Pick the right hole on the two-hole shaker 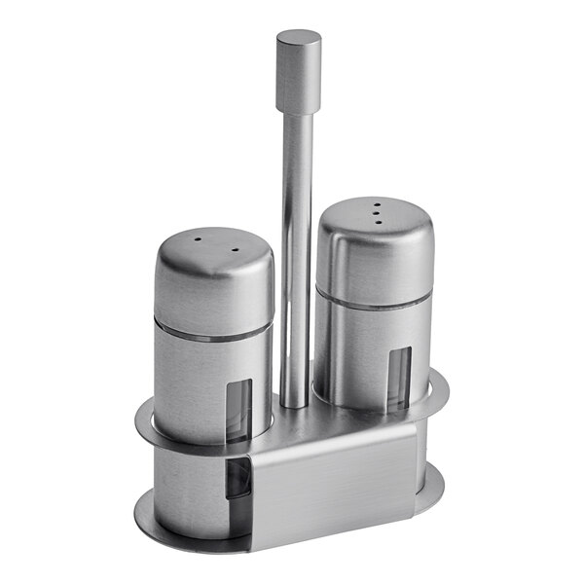click(x=234, y=249)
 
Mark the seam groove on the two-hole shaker click(x=209, y=331)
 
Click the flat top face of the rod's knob click(x=298, y=39)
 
